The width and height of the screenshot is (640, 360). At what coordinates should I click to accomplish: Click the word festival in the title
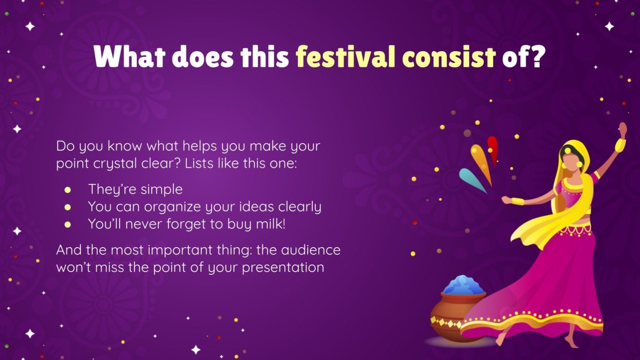tap(346, 58)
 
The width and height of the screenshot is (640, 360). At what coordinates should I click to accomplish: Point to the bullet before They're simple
tap(68, 189)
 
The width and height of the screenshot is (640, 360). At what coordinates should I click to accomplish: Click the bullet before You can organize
tap(68, 207)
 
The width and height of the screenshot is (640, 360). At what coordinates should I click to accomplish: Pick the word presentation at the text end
tap(283, 267)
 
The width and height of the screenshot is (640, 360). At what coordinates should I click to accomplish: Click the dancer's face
tap(569, 156)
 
